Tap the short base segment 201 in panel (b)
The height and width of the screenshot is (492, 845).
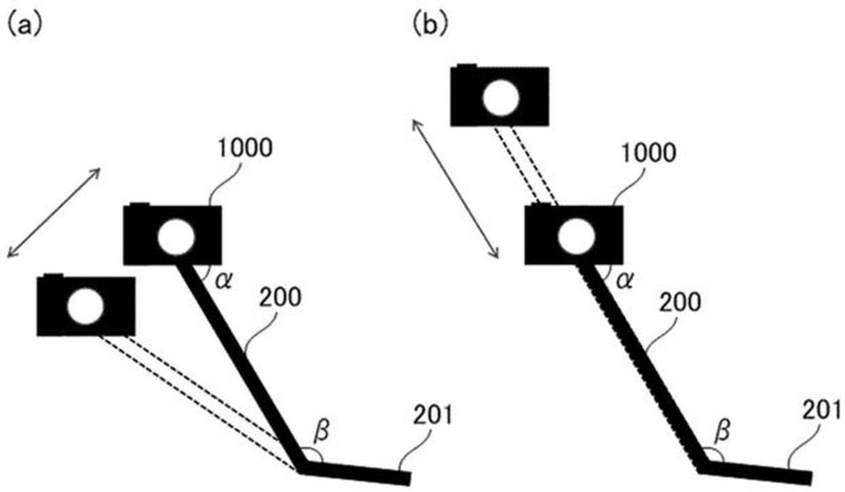758,473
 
